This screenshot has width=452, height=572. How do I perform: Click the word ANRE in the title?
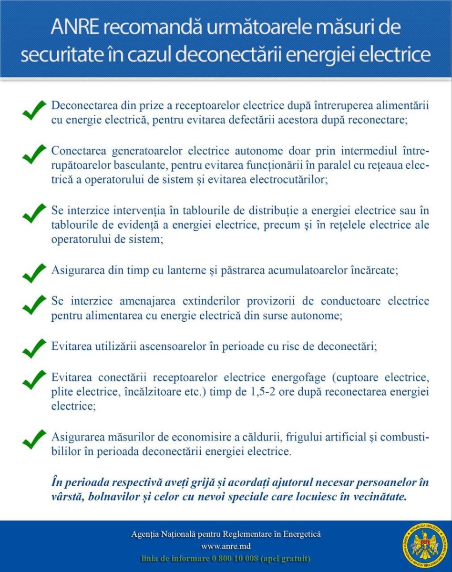pos(75,28)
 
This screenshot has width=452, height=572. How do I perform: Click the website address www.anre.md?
pos(226,546)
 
